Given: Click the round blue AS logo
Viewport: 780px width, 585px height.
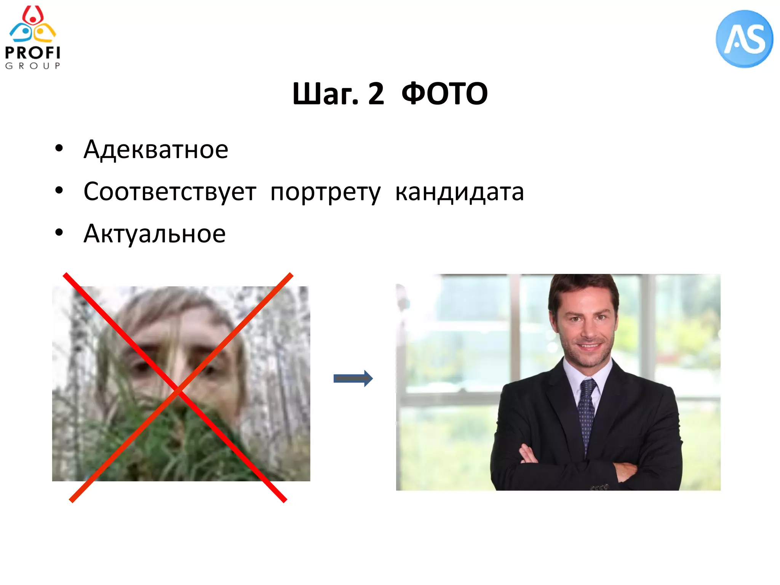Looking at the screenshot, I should (744, 39).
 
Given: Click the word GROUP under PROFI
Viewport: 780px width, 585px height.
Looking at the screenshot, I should (33, 66).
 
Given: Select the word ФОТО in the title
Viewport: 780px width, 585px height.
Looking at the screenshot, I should (444, 94).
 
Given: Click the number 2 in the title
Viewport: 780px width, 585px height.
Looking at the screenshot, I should (376, 94).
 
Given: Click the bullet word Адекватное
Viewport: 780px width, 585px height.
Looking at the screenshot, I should (156, 149).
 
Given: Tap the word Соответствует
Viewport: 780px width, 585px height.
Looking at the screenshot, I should (170, 192).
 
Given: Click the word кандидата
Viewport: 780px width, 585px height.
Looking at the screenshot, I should (459, 192).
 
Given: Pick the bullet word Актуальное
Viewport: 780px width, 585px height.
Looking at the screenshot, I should (155, 233).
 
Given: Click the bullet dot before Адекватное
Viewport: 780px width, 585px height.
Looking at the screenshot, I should (59, 149).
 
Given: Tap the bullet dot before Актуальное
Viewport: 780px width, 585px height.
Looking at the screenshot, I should (59, 232).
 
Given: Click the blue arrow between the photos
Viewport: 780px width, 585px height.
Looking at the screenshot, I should (353, 378).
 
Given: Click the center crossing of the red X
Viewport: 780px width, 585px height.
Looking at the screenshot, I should (178, 390).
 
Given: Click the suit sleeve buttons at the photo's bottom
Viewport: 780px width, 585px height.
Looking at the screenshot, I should (599, 487).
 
